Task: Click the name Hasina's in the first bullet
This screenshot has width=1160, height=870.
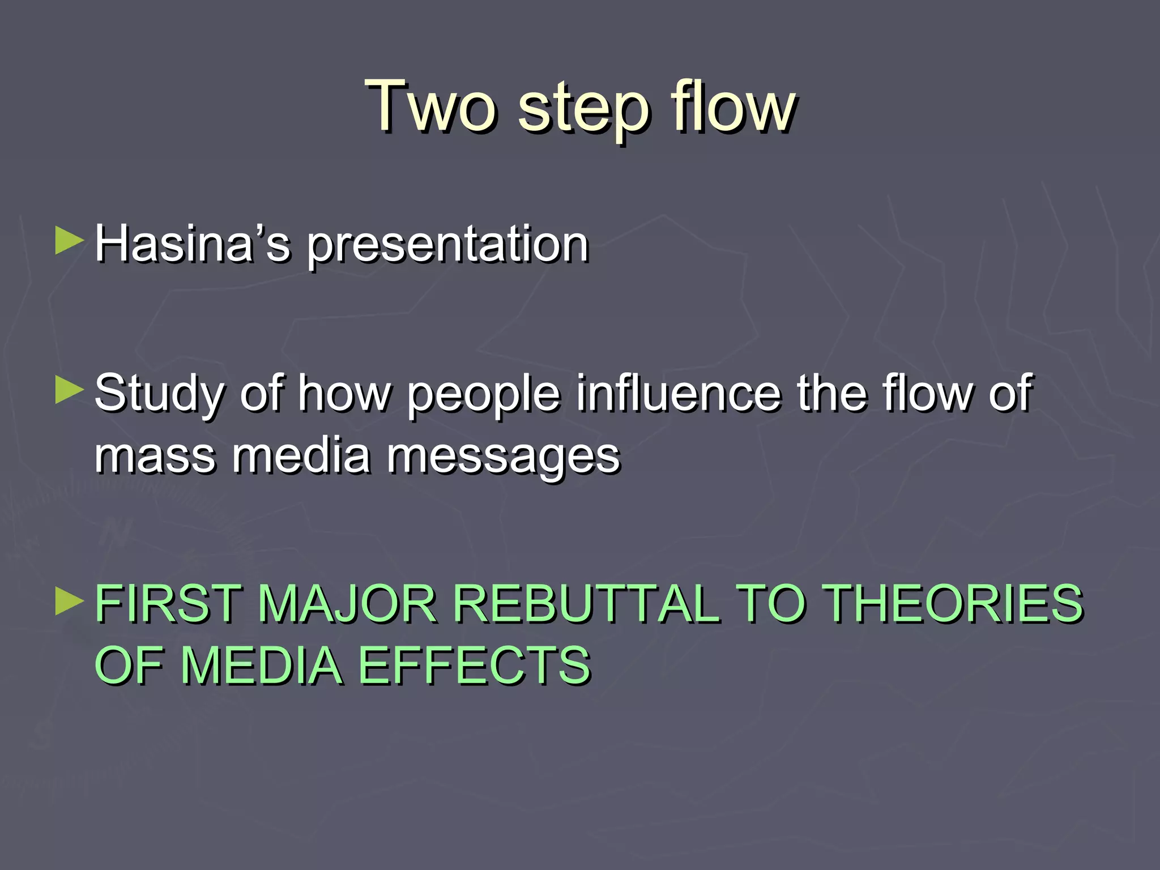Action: coord(193,244)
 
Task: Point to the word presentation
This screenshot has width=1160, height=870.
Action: coord(447,247)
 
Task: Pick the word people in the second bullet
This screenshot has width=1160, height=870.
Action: coord(484,395)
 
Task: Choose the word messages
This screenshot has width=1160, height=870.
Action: coord(504,458)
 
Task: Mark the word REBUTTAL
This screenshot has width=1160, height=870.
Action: coord(586,604)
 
